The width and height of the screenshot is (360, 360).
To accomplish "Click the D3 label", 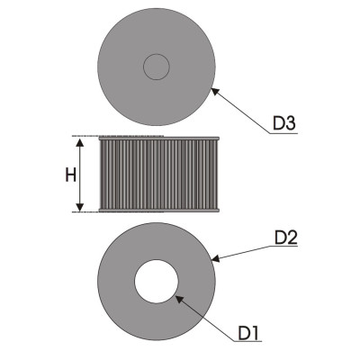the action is coord(284,123).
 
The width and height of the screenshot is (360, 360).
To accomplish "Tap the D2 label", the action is coord(286,238).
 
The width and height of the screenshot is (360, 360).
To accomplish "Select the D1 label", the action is coord(249,333).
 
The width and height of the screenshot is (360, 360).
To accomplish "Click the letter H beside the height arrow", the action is coord(70,175).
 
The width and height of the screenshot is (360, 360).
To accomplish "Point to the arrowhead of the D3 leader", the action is coord(215,91).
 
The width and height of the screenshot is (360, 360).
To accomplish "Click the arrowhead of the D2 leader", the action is coord(215,258).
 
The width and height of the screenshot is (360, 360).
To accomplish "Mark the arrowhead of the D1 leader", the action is coord(179,299).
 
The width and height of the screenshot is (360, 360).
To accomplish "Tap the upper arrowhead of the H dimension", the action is coord(79,142).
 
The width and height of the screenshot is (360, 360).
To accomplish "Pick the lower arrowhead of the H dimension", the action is coord(79,207).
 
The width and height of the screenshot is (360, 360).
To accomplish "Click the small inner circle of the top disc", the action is coord(157,67).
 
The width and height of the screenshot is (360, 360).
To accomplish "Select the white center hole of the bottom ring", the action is coord(157,282).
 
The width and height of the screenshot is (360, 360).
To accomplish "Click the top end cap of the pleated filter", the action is coord(159,139).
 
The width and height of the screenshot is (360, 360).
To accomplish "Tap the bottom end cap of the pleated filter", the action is coord(159,210).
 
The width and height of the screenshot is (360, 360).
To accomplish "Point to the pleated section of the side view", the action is coord(159,175).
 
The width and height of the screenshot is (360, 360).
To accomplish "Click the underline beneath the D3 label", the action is coord(283,133).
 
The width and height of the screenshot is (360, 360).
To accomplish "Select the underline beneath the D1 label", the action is coord(247,341).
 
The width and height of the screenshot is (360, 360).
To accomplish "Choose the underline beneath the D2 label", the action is coord(283,247).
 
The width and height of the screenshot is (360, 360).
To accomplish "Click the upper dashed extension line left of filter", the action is coord(85,136).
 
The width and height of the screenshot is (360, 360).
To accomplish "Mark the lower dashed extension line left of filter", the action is coord(85,211).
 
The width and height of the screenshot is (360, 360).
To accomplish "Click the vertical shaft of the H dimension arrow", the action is coord(79,175).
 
